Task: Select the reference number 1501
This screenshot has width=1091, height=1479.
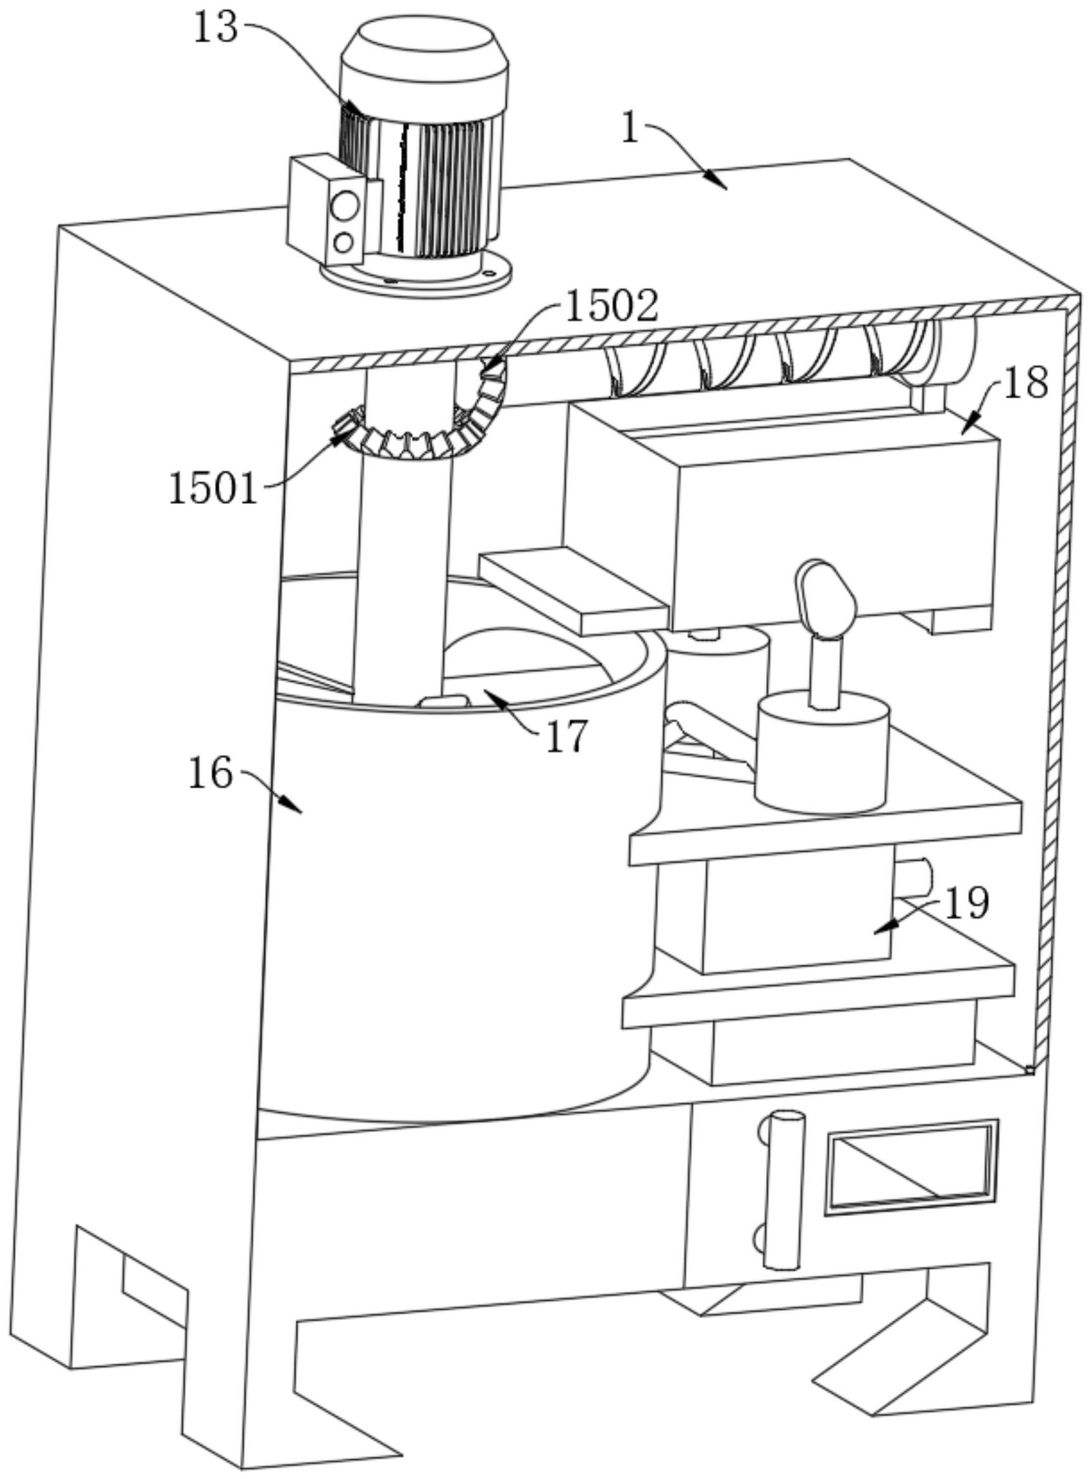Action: point(213,490)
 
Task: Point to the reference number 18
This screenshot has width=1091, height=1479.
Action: point(1026,383)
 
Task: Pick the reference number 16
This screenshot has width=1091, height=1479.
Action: point(211,774)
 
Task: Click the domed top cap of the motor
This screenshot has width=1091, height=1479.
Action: point(424,46)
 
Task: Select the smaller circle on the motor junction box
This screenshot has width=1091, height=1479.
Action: point(343,243)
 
